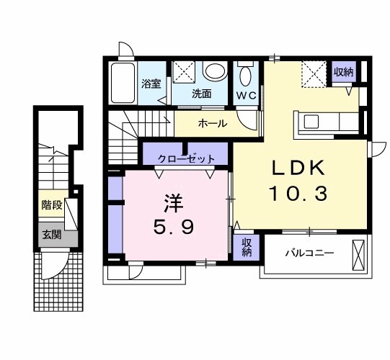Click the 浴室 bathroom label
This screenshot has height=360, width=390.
tap(151, 84)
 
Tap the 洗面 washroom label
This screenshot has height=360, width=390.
tap(202, 94)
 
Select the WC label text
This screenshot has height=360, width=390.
tap(246, 96)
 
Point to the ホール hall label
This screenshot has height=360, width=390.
tap(213, 123)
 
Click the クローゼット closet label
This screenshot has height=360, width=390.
tap(186, 158)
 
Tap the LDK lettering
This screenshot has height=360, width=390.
tap(298, 168)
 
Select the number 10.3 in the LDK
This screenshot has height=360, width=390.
tap(298, 194)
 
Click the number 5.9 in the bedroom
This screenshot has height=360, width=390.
tap(173, 228)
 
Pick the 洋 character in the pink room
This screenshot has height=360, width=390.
tap(173, 203)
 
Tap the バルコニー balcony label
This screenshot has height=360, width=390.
tap(309, 253)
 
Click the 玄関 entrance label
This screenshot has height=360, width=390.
tap(52, 235)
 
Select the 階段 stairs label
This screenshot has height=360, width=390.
tap(52, 205)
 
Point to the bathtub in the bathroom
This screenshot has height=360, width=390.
tap(123, 83)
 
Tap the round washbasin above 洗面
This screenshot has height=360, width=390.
tap(214, 71)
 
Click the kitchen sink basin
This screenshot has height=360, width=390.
tap(311, 122)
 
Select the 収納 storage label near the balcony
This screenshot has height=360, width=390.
tap(247, 248)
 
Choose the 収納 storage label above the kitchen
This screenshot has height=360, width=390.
tap(343, 72)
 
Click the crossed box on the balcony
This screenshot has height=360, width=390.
tap(358, 255)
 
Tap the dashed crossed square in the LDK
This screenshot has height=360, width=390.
tap(314, 74)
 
